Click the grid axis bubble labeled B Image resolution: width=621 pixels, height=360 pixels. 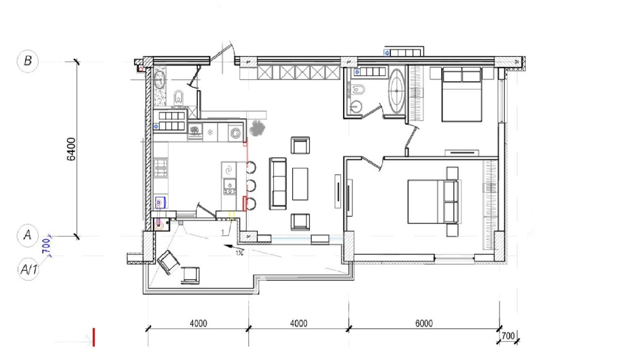28,61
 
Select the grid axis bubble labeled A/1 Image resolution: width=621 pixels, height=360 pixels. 29,269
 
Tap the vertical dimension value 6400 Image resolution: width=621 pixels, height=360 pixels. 71,149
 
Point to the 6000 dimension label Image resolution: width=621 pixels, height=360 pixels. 424,324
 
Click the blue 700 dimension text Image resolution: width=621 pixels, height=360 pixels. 46,246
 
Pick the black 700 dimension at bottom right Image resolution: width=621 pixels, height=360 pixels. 508,336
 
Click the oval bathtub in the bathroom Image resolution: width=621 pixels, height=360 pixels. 397,91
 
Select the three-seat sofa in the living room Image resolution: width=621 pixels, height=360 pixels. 278,183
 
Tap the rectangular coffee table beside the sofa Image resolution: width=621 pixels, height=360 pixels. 300,184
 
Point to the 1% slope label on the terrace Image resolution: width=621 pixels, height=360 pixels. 239,253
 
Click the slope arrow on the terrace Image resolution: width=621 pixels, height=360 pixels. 234,247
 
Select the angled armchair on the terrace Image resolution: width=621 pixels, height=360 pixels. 168,262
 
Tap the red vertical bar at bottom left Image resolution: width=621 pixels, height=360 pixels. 94,337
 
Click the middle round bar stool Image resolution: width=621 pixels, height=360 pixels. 251,185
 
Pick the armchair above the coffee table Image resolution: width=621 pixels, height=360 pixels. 300,145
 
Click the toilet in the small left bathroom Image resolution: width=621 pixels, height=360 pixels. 179,97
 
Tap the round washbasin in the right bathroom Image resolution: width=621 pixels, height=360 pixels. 356,107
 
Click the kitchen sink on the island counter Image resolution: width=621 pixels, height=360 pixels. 229,184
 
